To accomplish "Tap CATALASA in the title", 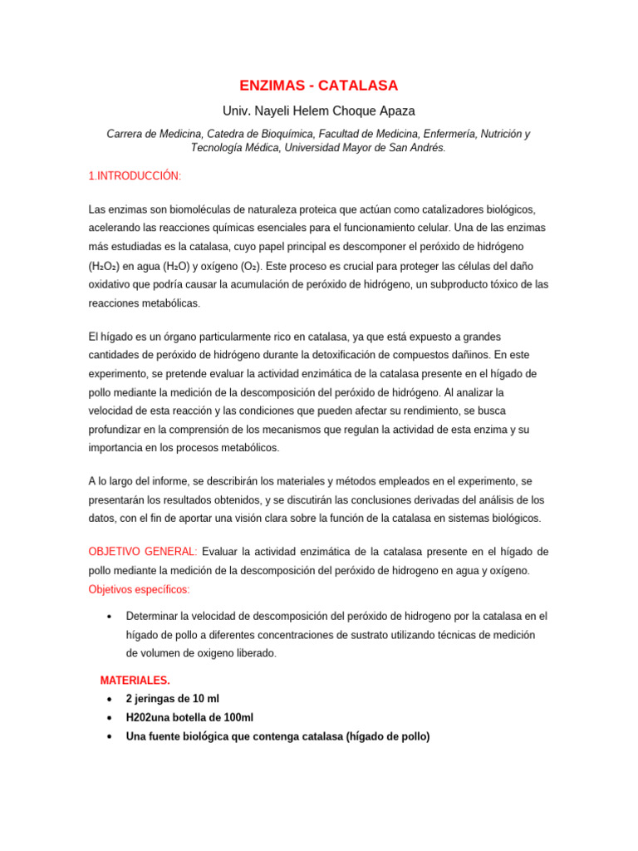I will tap(360, 86).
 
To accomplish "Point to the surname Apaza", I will tap(396, 111).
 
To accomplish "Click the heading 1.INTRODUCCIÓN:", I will tap(135, 176).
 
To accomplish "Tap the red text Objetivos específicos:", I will tap(139, 589).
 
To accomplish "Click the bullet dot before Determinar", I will tap(110, 617).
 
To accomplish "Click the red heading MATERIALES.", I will tap(135, 681).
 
